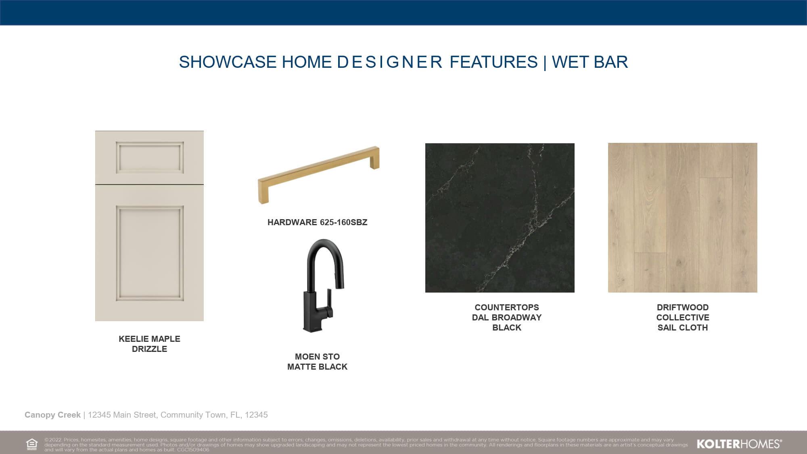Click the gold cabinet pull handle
(x=319, y=174)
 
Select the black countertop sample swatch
(x=500, y=218)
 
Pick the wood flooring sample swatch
(x=683, y=218)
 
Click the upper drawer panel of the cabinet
(x=150, y=157)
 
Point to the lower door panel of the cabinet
(x=150, y=253)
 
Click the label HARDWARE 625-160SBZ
(x=317, y=222)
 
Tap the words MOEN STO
(x=317, y=357)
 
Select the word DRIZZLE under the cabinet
(x=149, y=349)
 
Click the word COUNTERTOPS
(x=507, y=308)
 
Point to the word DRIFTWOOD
(x=683, y=308)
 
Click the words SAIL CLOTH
(x=683, y=328)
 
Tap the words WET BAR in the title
(x=590, y=62)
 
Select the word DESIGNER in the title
(x=390, y=62)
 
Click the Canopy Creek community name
(x=52, y=415)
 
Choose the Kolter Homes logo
(x=739, y=444)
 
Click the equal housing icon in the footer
(x=31, y=444)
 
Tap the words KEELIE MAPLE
(x=149, y=339)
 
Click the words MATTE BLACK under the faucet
(x=317, y=367)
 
